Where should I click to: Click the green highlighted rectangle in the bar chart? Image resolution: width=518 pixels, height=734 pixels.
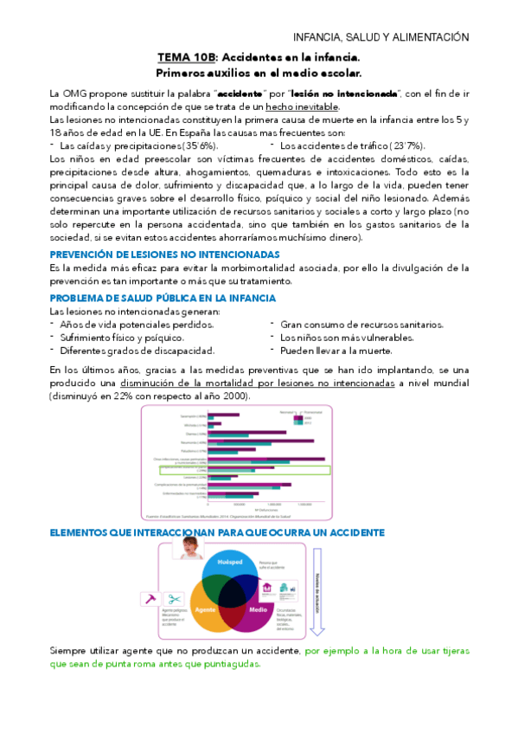pyautogui.click(x=246, y=470)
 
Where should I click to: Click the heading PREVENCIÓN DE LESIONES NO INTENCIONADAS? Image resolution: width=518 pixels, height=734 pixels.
pyautogui.click(x=164, y=254)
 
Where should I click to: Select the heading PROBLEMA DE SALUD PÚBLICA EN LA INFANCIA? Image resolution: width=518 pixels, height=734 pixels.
pyautogui.click(x=163, y=298)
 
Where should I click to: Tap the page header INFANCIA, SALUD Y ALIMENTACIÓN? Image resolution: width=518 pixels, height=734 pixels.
pyautogui.click(x=381, y=37)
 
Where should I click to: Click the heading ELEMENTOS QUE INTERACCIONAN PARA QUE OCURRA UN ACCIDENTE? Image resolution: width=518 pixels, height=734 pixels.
pyautogui.click(x=218, y=509)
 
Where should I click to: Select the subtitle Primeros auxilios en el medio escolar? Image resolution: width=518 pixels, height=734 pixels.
pyautogui.click(x=258, y=73)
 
